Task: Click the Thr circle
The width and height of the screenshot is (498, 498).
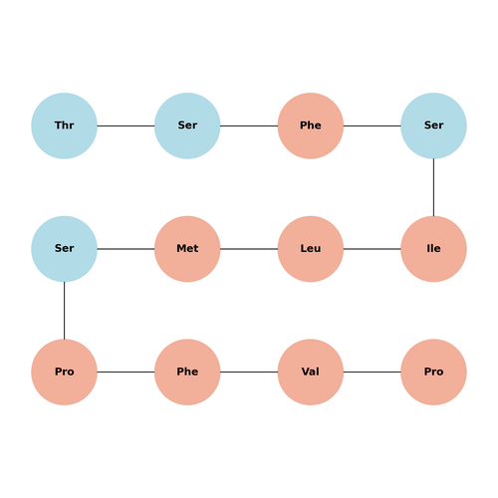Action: click(x=64, y=125)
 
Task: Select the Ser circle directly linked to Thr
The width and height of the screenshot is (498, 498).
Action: click(x=187, y=125)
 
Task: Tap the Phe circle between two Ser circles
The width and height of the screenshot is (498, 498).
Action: click(x=311, y=125)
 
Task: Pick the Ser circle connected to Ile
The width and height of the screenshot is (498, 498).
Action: click(x=433, y=125)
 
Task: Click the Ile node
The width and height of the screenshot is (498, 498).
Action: click(x=433, y=249)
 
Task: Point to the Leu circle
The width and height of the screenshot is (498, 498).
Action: click(x=311, y=249)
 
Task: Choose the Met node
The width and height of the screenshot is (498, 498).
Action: click(x=187, y=249)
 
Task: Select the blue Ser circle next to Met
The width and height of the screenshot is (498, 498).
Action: click(x=64, y=249)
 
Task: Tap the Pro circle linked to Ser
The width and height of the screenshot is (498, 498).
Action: click(x=64, y=372)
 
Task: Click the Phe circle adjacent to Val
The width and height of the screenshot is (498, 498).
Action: click(x=187, y=372)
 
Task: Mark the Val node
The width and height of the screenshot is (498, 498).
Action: click(x=311, y=372)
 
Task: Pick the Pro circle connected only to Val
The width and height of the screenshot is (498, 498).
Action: click(x=433, y=372)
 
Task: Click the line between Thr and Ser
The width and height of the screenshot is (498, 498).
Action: click(x=125, y=125)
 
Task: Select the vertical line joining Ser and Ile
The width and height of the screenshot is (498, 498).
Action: click(x=433, y=187)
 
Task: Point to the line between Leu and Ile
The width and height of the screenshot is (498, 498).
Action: click(x=373, y=249)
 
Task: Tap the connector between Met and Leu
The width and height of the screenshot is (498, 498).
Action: click(x=249, y=249)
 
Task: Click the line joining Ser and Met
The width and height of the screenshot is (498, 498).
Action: click(x=125, y=249)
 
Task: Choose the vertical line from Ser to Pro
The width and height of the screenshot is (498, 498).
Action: click(x=64, y=311)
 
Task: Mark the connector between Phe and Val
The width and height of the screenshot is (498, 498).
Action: click(x=249, y=372)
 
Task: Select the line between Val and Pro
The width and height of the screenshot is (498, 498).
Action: click(x=373, y=372)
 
